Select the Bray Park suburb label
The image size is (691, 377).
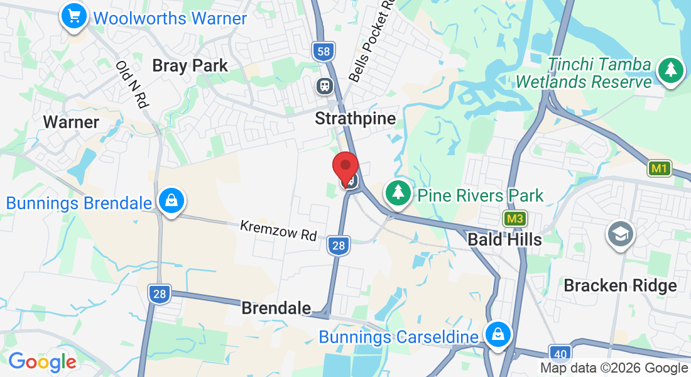(190, 65)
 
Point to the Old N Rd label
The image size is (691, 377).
(132, 84)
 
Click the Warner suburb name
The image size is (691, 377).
(71, 122)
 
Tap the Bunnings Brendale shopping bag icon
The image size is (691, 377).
(170, 201)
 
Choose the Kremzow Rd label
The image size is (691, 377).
(278, 230)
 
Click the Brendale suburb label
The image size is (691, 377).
(276, 308)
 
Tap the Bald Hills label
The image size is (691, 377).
(504, 239)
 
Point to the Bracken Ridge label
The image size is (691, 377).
(620, 286)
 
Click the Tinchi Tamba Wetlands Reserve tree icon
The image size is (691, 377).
(671, 70)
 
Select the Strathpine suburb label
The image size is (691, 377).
(355, 118)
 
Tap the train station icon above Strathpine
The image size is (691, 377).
(325, 85)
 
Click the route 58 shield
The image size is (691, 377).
(324, 52)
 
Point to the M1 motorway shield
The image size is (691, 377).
(658, 168)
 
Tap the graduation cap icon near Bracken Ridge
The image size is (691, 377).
(620, 234)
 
